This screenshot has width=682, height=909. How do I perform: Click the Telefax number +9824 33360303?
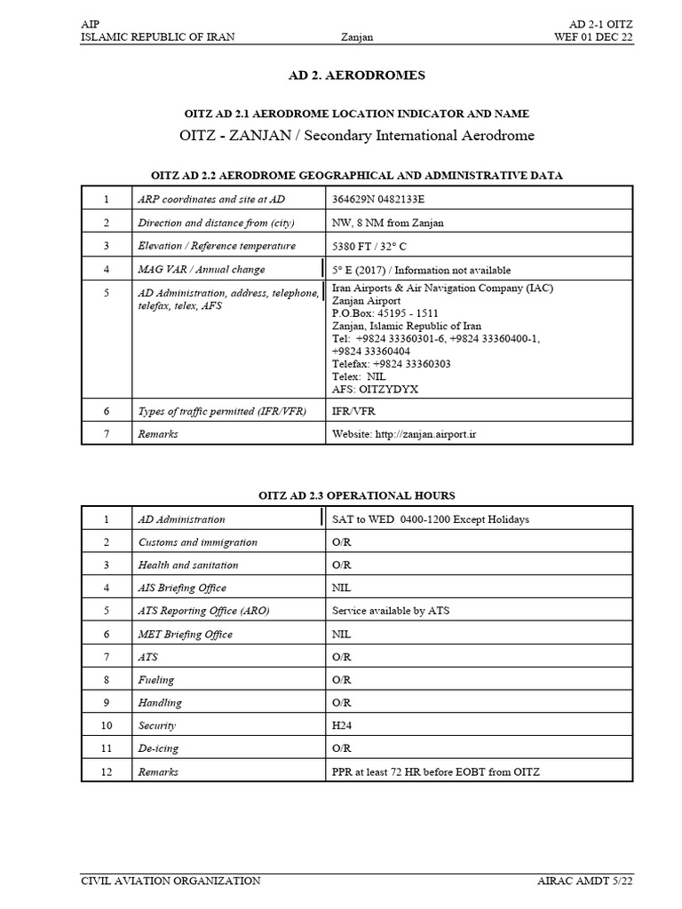click(x=392, y=363)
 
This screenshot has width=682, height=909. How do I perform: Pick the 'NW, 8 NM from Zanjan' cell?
click(x=388, y=223)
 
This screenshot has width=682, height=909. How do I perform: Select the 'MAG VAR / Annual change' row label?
click(x=202, y=269)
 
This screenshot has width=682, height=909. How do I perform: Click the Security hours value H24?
click(x=342, y=726)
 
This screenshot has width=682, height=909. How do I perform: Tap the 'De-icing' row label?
click(x=159, y=748)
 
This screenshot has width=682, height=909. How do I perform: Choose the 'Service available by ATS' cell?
click(x=391, y=612)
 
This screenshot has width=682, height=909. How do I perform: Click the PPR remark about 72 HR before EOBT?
click(x=436, y=772)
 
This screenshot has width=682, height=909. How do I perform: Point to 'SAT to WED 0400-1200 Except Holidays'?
click(x=431, y=519)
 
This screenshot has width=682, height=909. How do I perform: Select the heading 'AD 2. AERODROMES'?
click(x=357, y=75)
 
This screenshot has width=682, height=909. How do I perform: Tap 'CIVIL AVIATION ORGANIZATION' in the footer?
click(x=170, y=881)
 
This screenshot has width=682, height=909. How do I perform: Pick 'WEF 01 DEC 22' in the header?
click(x=594, y=36)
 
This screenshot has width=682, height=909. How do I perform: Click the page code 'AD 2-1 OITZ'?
click(x=600, y=23)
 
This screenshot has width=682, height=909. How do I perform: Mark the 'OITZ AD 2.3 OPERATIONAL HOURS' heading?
click(x=356, y=495)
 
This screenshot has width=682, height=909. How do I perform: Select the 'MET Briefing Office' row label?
click(x=186, y=635)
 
